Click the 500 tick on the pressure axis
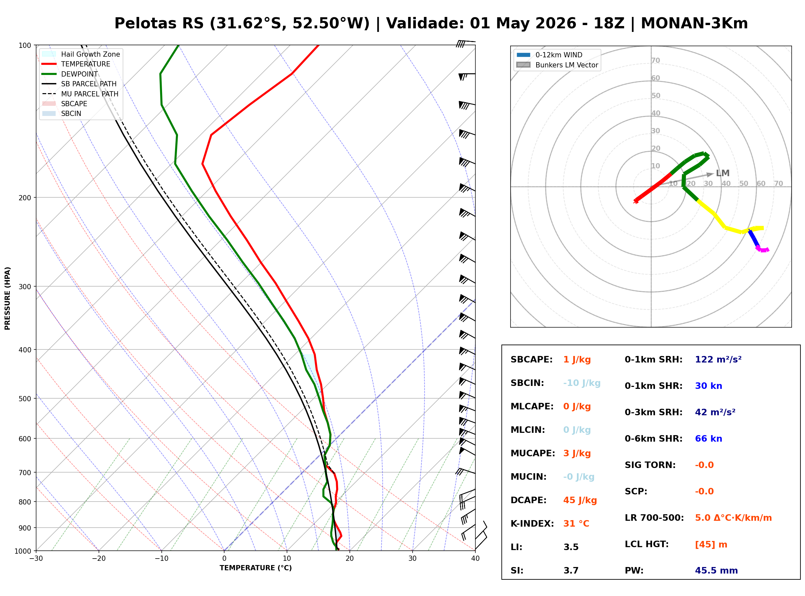tap(24, 399)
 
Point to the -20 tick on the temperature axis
tap(99, 559)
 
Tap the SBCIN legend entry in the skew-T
tap(71, 114)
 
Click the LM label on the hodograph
tap(722, 173)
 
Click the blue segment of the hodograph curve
tap(754, 238)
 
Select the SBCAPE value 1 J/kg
tap(577, 360)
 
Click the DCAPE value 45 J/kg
tap(580, 500)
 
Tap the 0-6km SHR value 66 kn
tap(708, 439)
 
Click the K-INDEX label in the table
tap(532, 523)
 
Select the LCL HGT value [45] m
tap(711, 545)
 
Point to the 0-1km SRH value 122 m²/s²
tap(718, 359)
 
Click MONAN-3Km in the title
tap(694, 23)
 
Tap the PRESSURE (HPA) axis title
tap(7, 298)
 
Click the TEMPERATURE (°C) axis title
tap(256, 568)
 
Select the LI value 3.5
tap(571, 547)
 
